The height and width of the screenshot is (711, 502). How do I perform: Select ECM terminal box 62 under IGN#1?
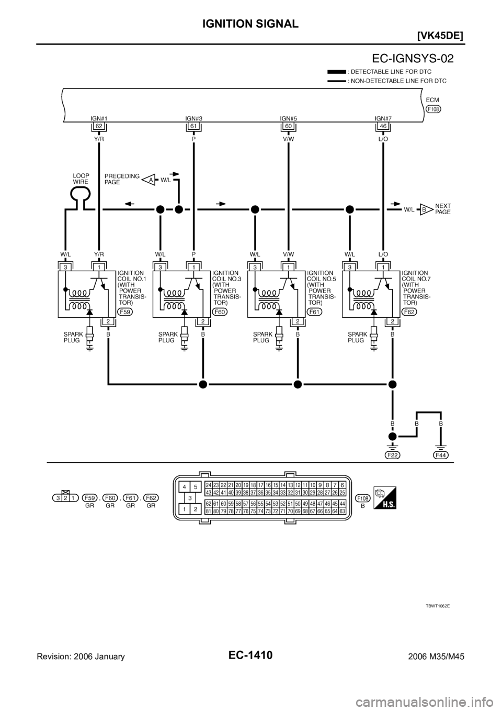[x=98, y=126]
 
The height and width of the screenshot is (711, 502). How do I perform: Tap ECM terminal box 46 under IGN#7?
[x=383, y=126]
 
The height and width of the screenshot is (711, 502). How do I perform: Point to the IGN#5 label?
[x=288, y=118]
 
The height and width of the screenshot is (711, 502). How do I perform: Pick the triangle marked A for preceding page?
[x=151, y=180]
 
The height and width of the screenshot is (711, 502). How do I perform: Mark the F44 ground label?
[x=441, y=455]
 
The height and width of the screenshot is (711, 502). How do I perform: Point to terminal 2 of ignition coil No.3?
[x=202, y=321]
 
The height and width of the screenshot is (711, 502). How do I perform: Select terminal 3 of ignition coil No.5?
[x=255, y=267]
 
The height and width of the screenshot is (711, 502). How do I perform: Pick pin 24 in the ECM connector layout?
[x=208, y=485]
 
